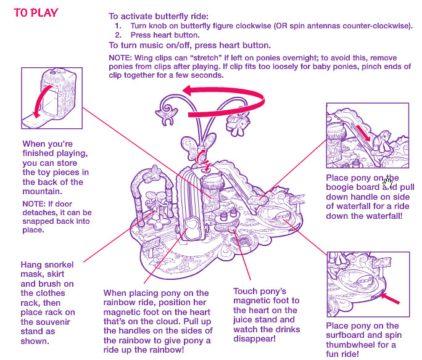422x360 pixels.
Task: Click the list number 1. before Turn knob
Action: pos(118,27)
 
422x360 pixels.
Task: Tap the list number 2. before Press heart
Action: pos(118,36)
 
